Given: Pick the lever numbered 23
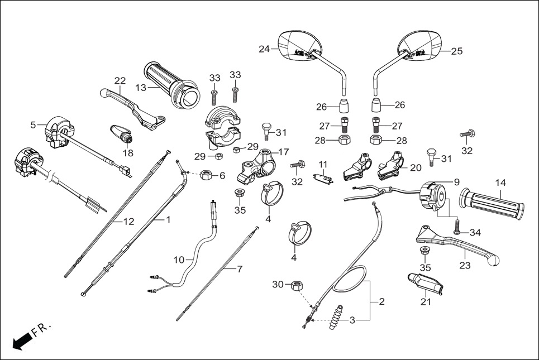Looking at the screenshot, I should coord(458,246).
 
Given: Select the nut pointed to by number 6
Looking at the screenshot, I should coord(205,175).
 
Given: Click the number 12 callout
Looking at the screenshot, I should coord(129,222).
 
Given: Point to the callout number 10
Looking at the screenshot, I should coord(179,260).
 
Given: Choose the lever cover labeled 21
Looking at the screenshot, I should coord(426,285).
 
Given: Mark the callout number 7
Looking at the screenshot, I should coord(240,269).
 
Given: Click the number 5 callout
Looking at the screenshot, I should coord(33,125).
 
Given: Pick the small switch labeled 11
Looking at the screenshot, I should coord(322,179).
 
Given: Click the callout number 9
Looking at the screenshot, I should coord(456,181).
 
